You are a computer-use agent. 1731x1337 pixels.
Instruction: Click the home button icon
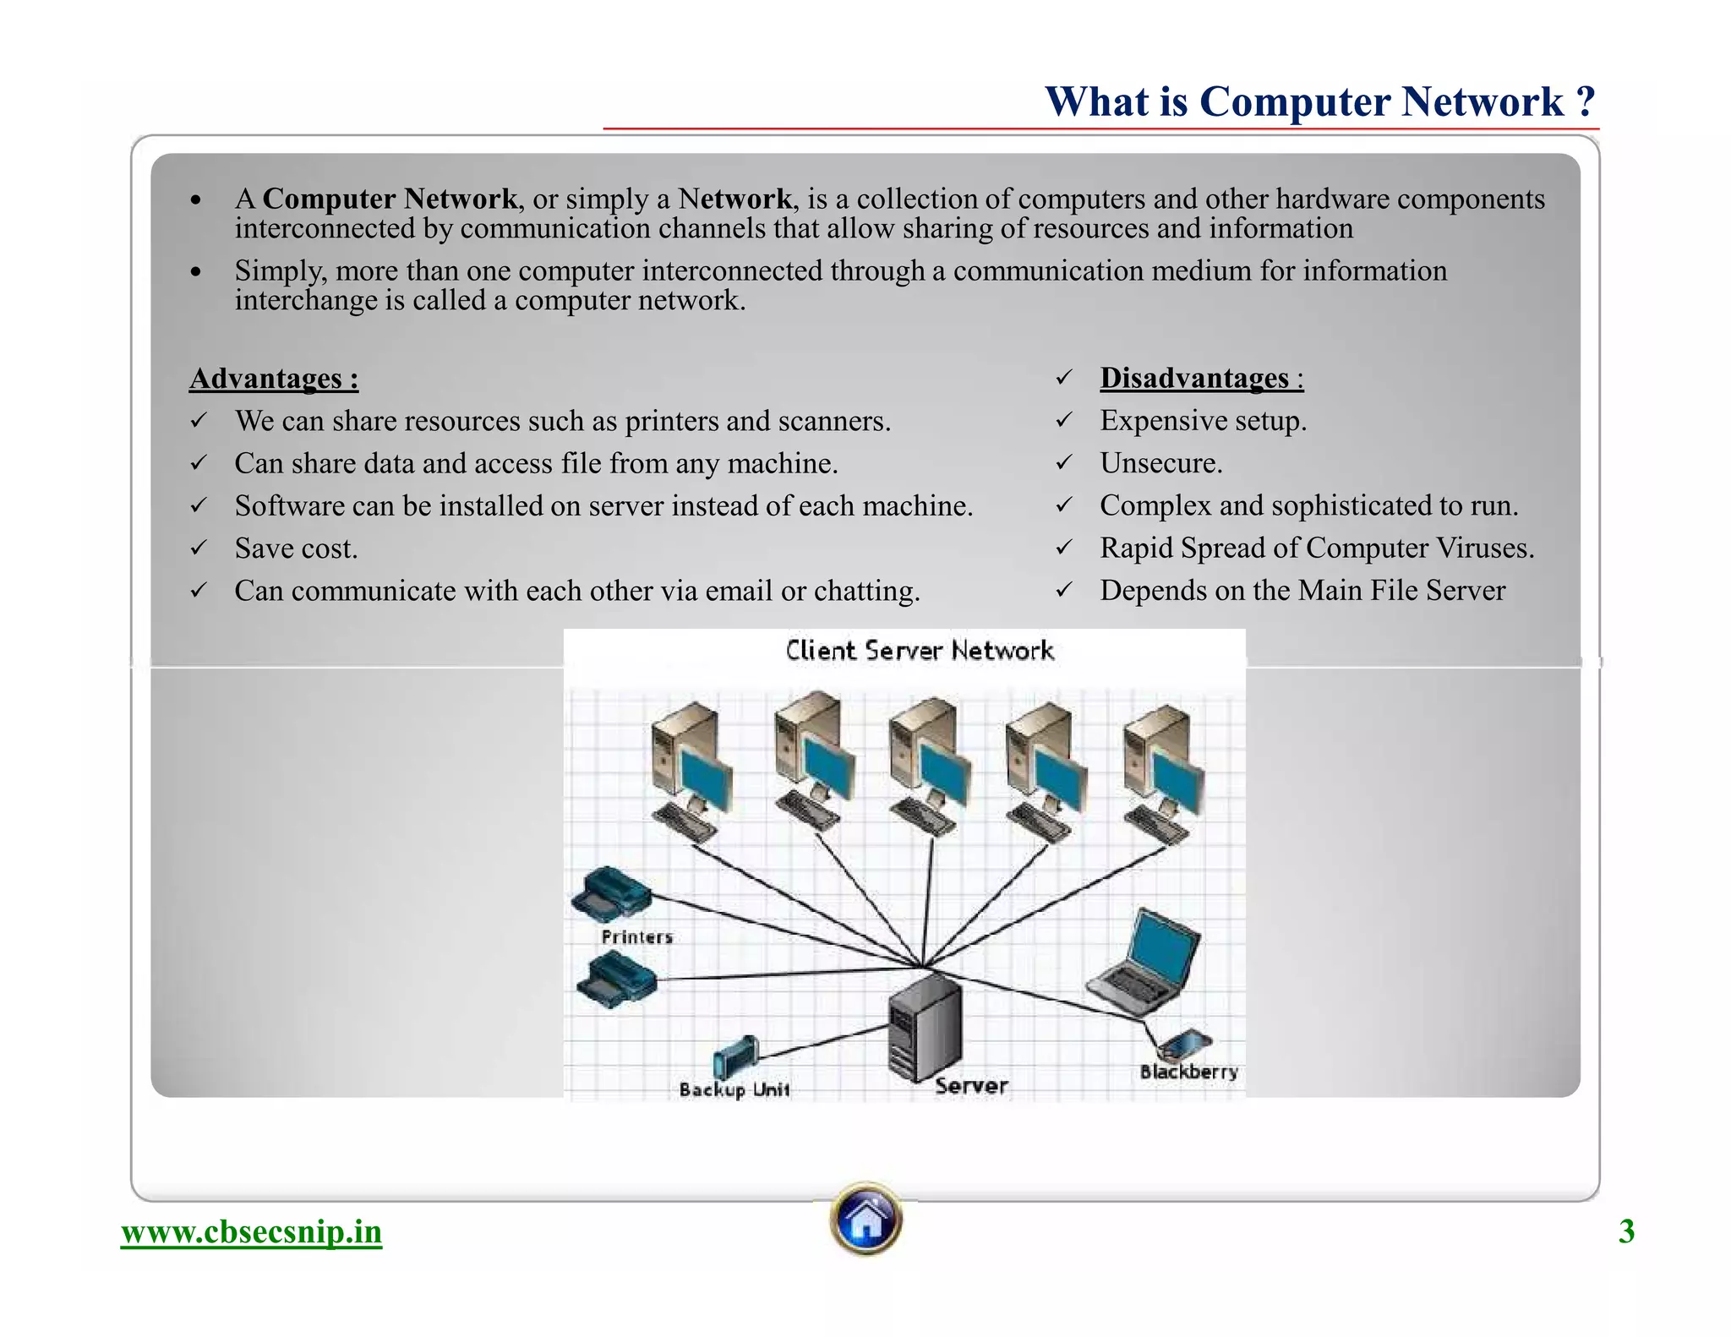[x=865, y=1220]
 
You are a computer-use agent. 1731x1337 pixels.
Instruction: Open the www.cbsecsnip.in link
[x=251, y=1231]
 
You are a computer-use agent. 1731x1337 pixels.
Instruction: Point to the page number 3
[x=1626, y=1231]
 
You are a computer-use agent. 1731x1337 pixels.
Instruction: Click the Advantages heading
[x=274, y=378]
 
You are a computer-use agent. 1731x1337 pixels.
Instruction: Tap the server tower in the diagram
[x=925, y=1027]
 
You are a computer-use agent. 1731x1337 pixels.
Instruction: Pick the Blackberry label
[x=1188, y=1072]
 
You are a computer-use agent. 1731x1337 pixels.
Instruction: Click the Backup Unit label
[x=734, y=1089]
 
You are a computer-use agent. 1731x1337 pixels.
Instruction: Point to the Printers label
[x=636, y=936]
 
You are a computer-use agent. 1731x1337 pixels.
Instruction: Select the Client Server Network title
[x=920, y=651]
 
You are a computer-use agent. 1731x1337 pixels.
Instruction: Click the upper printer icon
[x=610, y=894]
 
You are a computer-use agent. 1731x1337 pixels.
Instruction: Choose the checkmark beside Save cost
[x=199, y=548]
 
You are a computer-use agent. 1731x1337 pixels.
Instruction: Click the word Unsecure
[x=1160, y=463]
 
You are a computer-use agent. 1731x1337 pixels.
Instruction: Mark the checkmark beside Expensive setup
[x=1064, y=420]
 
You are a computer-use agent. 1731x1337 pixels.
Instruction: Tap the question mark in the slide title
[x=1585, y=101]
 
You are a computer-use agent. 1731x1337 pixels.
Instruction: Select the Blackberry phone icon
[x=1185, y=1045]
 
